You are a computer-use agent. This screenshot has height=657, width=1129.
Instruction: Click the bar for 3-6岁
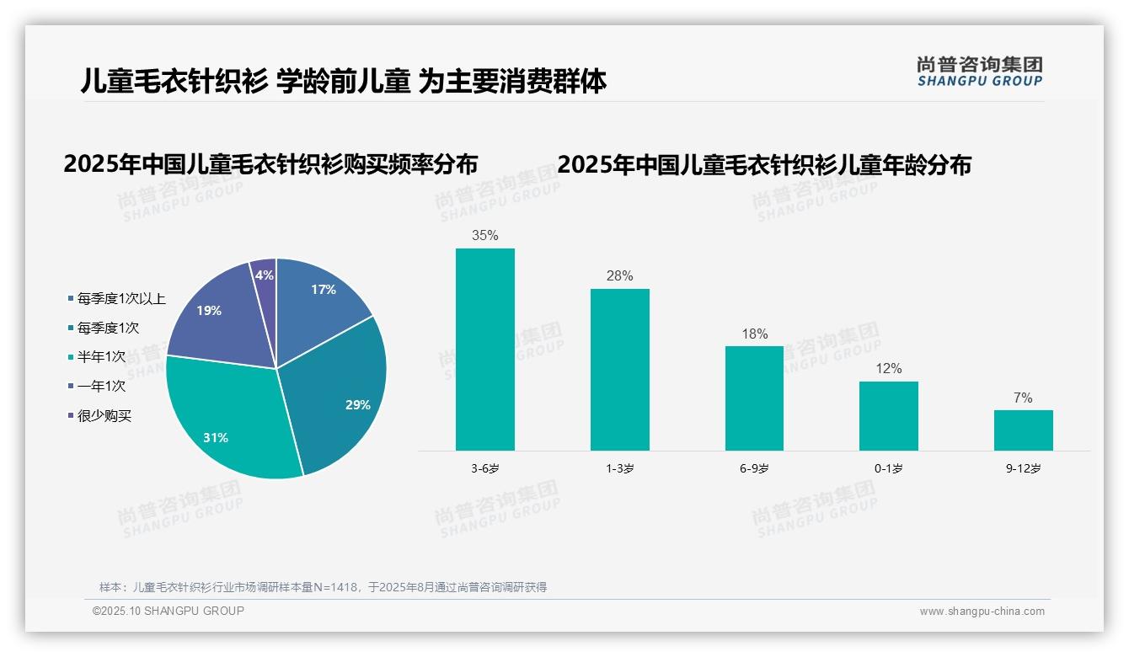coord(484,350)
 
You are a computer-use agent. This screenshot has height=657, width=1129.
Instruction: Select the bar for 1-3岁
coord(619,370)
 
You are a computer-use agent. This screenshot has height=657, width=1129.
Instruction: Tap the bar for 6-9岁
coord(754,398)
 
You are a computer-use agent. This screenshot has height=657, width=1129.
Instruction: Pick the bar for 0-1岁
coord(888,416)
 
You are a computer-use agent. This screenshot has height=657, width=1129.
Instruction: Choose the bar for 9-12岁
coord(1023,430)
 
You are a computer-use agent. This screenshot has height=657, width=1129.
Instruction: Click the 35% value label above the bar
coord(484,236)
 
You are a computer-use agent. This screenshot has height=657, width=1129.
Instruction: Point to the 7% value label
coord(1023,398)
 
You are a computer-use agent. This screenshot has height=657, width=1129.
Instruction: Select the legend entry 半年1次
coord(101,357)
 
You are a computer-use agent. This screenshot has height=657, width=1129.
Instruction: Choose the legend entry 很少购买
coord(104,416)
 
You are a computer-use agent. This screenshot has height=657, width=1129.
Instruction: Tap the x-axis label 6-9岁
coord(754,468)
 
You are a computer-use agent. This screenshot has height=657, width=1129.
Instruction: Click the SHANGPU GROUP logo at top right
coord(979,72)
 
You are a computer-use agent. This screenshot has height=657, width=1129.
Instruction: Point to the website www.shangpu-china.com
coord(982,612)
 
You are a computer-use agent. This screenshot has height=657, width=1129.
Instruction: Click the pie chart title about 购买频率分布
coord(270,163)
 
